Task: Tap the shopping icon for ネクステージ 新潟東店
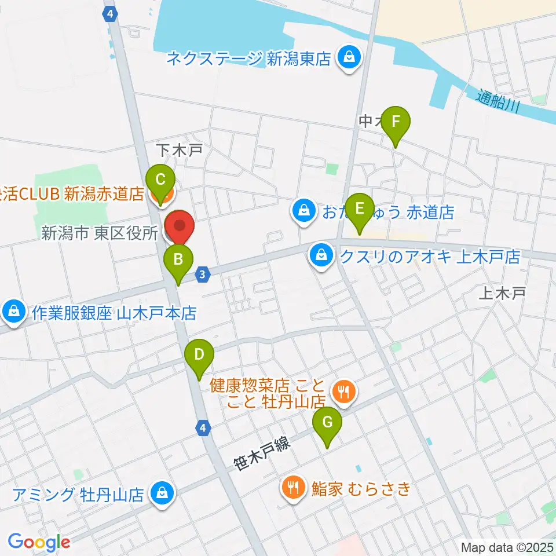point(349,58)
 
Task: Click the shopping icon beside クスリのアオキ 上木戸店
point(320,255)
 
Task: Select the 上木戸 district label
point(502,294)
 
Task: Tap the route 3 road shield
point(202,274)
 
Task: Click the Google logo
point(39,542)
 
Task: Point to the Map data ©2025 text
point(507,547)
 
